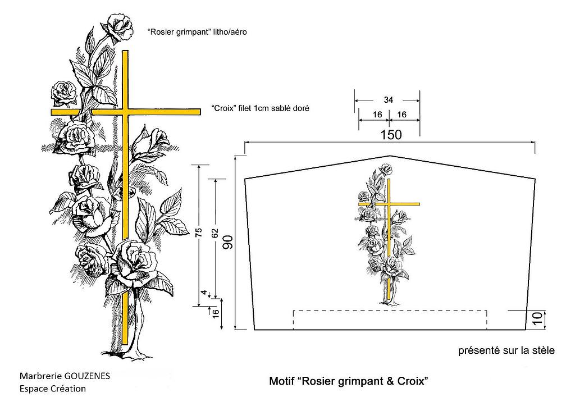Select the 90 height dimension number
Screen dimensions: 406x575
[227, 244]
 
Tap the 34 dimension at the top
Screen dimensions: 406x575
[388, 100]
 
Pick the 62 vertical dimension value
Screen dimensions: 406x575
[215, 234]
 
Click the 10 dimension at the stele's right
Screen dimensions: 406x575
[536, 318]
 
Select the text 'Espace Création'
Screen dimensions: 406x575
[52, 389]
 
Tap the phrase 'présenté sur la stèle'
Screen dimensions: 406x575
[506, 351]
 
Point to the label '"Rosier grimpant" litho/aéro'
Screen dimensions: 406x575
[197, 33]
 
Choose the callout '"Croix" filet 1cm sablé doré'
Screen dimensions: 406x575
[261, 108]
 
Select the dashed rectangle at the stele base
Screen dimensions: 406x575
[390, 319]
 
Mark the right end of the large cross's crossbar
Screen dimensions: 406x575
[199, 112]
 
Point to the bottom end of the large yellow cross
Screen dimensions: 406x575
[125, 343]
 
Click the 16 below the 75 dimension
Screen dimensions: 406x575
[215, 312]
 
